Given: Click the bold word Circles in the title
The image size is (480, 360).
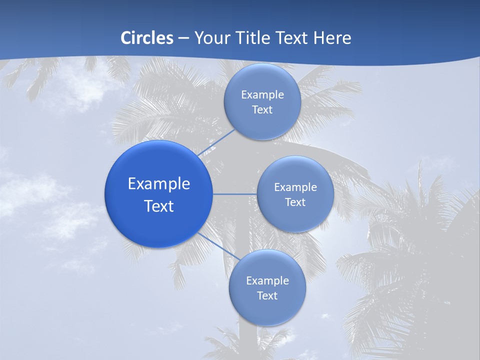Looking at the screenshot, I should tap(146, 38).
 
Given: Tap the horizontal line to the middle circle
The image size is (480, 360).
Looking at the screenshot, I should tap(234, 194).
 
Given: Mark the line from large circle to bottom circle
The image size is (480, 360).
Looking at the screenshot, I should tap(219, 246).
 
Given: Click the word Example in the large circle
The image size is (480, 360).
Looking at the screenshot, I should tap(159, 183).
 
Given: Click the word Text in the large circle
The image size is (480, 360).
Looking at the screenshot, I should tap(159, 206).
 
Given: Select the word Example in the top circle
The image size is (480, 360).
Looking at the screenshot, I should tap(262, 94).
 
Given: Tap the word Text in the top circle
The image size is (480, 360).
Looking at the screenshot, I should tap(262, 110).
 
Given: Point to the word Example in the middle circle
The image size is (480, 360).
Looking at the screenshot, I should tap(295, 187).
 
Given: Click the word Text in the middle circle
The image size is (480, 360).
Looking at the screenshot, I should tap(295, 202).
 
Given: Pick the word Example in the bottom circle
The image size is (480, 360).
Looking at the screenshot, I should tap(267, 280).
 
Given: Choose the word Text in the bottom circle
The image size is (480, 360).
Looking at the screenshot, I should tap(267, 295).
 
